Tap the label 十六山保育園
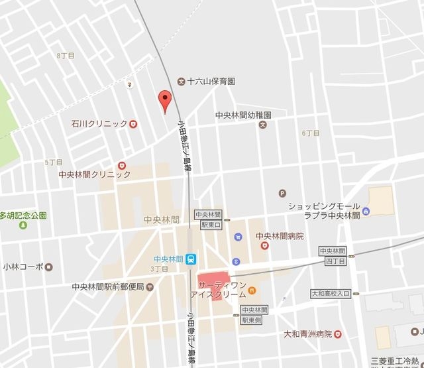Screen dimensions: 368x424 [211, 82]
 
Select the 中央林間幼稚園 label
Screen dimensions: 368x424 [244, 114]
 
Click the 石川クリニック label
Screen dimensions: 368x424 [99, 123]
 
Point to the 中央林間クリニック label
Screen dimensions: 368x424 [95, 174]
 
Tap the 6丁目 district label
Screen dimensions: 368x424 [311, 133]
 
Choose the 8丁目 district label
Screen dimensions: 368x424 [66, 56]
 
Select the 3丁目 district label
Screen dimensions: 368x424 [159, 269]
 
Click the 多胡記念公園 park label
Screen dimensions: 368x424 [23, 215]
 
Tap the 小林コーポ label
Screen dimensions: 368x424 [22, 267]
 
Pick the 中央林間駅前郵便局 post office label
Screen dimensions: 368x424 [108, 287]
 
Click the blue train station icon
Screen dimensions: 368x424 [191, 259]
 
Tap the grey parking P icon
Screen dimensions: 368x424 [283, 194]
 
